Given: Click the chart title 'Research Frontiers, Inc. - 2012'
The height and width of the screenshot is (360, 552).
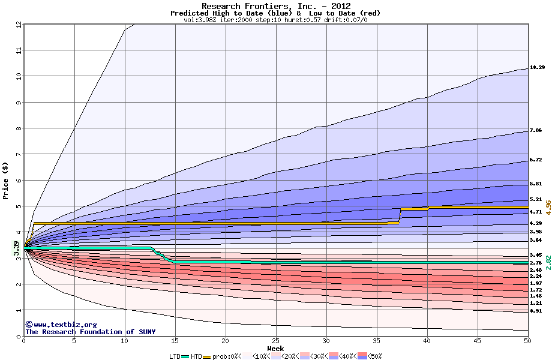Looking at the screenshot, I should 275,6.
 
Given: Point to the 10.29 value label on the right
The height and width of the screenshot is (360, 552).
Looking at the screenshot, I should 537,68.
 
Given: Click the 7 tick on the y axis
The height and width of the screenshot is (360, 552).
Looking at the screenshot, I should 19,154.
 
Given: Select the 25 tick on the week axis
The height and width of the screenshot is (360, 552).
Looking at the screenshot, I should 275,341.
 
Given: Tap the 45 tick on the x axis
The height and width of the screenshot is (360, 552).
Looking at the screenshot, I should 477,341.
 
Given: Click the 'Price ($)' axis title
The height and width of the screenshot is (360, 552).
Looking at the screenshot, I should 6,180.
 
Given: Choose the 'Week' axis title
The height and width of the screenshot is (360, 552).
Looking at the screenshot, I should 275,348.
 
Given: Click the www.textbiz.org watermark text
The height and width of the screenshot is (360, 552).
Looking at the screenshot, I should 61,325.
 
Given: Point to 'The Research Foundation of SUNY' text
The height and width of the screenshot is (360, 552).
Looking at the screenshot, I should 90,332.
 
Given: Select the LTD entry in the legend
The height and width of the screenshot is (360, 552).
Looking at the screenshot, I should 175,356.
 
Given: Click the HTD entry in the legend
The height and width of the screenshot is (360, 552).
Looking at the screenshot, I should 196,356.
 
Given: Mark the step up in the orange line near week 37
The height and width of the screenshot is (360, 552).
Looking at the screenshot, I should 400,215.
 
